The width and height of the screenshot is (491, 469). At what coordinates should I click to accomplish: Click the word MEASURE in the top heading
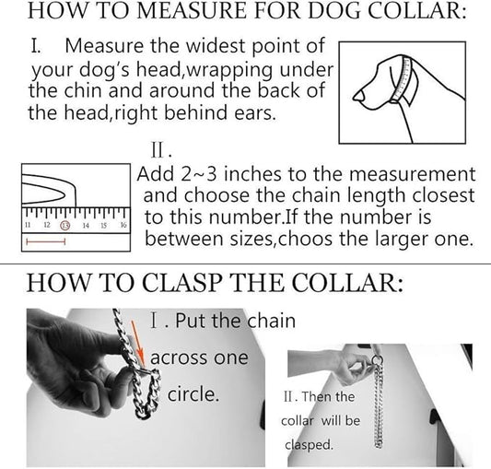192,11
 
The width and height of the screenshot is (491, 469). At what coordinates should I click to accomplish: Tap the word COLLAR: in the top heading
416,11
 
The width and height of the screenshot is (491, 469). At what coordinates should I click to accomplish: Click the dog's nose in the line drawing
358,95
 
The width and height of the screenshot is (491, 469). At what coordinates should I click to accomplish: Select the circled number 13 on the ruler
65,225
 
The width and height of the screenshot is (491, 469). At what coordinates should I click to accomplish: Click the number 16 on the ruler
123,225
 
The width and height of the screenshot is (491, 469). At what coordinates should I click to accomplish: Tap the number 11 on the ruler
28,225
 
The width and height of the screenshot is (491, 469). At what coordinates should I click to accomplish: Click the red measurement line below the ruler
46,241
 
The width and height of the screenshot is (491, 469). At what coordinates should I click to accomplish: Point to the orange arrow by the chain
138,343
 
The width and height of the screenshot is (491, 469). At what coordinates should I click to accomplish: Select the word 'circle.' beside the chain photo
193,394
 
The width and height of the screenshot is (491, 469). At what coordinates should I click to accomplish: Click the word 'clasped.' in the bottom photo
308,444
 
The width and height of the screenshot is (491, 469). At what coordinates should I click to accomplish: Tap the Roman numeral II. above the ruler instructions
161,151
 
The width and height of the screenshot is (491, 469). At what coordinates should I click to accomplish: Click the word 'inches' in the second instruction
252,174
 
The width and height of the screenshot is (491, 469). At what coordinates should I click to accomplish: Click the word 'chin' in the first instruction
83,90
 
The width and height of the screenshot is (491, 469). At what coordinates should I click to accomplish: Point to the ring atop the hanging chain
378,360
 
